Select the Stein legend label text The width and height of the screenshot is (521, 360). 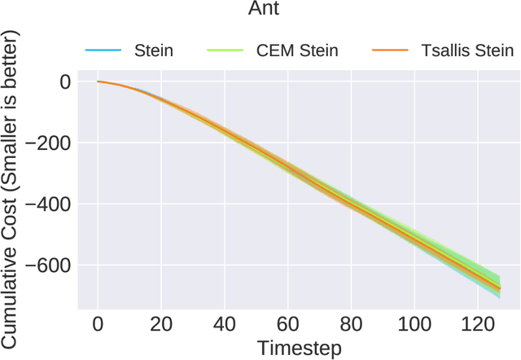[153, 50]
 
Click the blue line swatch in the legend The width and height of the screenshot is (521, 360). [103, 51]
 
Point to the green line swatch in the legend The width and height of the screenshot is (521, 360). [224, 51]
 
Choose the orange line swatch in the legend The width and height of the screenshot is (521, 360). [388, 51]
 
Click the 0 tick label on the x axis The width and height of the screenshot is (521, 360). [98, 325]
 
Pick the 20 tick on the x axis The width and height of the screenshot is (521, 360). [161, 325]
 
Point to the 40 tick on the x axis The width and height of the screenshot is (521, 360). [225, 325]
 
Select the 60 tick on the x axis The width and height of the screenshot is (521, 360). [288, 325]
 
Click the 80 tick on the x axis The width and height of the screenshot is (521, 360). [351, 325]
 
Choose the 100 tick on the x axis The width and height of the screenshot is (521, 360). [414, 325]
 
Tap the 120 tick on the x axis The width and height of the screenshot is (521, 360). [478, 325]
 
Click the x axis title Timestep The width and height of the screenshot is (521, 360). [300, 348]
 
